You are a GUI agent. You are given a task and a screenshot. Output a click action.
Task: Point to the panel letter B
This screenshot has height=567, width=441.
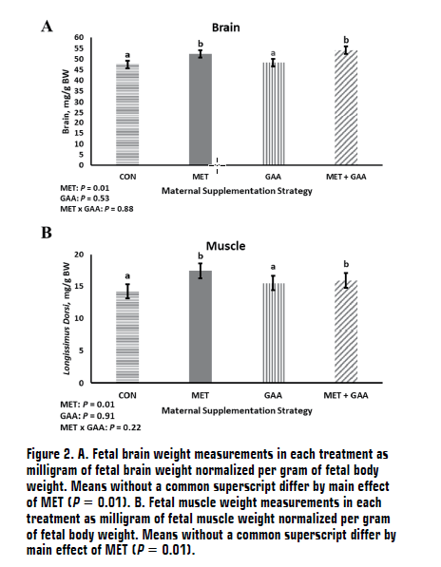[45, 233]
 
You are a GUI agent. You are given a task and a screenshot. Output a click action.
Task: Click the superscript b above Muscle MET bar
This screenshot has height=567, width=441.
[201, 255]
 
